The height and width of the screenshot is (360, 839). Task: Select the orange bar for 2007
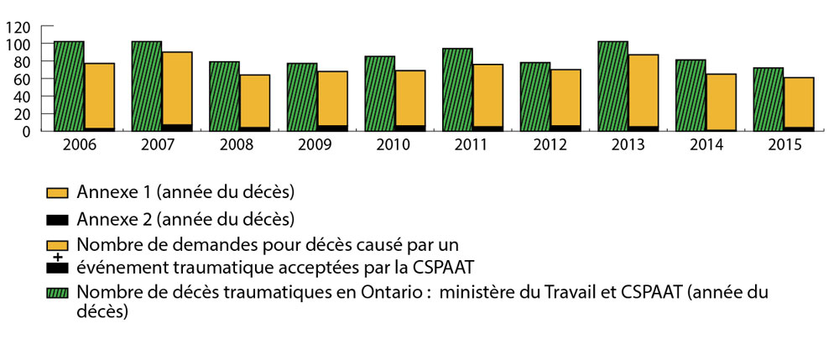tap(177, 88)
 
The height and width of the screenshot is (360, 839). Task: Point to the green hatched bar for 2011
tap(457, 89)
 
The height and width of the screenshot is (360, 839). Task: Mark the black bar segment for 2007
tap(177, 128)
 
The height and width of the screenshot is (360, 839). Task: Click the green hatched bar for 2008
tap(224, 96)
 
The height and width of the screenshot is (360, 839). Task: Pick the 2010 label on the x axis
tap(394, 144)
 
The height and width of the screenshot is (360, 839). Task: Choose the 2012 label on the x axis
tap(550, 144)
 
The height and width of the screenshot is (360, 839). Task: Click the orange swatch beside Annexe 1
tap(57, 193)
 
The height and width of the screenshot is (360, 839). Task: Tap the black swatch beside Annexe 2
tap(57, 220)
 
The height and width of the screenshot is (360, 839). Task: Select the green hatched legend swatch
tap(57, 291)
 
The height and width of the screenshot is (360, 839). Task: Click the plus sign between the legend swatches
tap(57, 256)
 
